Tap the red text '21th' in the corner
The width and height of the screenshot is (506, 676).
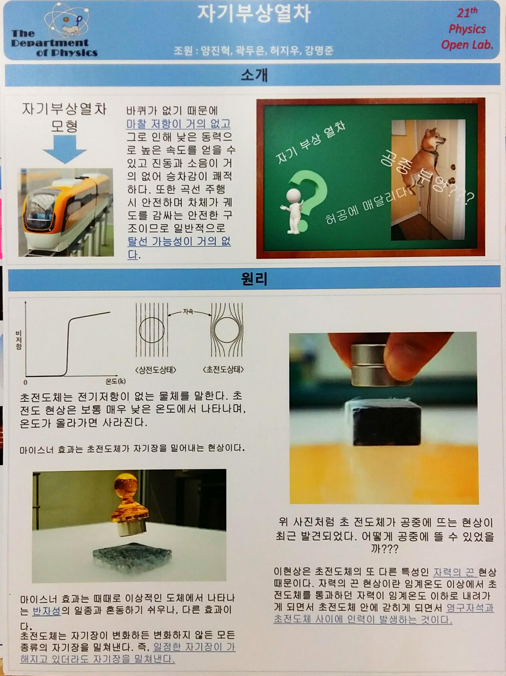coord(467,13)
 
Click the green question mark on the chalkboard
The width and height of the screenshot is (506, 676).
coord(309,196)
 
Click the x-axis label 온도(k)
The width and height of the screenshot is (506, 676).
coord(115,381)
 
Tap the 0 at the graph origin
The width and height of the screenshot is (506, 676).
coord(25,382)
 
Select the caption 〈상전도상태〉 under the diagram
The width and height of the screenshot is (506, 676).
coord(156,370)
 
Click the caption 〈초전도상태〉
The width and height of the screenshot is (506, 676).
coord(223,370)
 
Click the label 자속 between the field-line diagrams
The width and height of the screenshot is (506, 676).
coord(188,311)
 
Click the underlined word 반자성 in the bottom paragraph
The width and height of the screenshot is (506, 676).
coord(46,611)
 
